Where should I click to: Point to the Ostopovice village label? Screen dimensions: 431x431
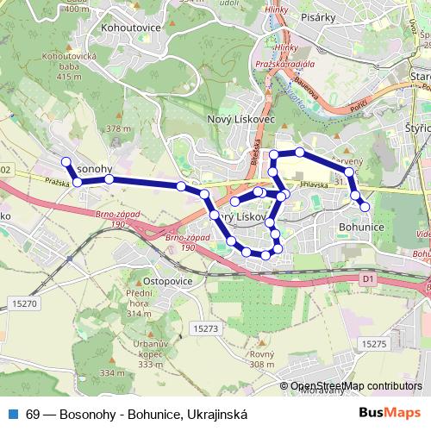pyautogui.click(x=167, y=281)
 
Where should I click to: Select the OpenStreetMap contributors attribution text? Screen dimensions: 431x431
pyautogui.click(x=356, y=386)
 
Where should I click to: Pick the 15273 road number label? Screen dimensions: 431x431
pyautogui.click(x=205, y=328)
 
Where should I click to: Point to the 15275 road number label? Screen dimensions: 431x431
pyautogui.click(x=375, y=343)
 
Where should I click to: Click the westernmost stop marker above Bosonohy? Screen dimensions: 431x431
pyautogui.click(x=65, y=161)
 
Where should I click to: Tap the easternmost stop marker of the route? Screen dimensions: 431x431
pyautogui.click(x=365, y=206)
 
